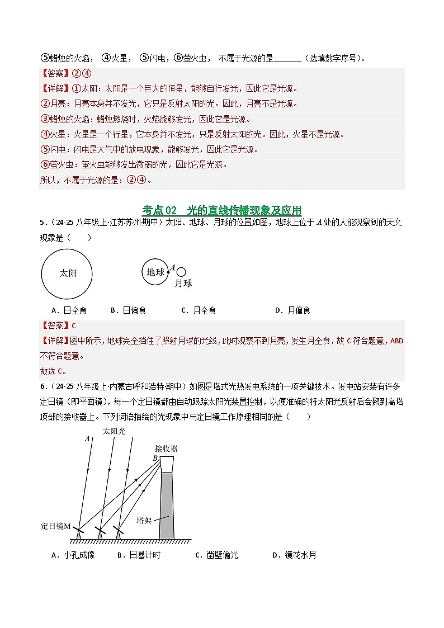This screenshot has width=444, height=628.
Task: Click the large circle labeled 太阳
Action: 67,273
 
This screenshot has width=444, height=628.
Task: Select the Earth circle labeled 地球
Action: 155,272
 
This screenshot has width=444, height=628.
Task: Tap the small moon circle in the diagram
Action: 181,271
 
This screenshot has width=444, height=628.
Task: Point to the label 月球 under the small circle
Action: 183,284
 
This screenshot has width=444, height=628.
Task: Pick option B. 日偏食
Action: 128,310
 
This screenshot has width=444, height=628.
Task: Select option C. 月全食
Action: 199,310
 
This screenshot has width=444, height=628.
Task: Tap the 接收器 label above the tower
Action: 166,448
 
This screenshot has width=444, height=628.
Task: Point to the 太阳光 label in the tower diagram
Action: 114,431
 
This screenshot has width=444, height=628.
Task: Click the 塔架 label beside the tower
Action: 144,520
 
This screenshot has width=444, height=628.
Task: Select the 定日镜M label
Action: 56,526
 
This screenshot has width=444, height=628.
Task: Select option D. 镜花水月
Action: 294,555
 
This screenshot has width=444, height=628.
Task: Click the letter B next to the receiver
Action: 155,459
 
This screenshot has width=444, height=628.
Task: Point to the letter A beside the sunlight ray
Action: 88,439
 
